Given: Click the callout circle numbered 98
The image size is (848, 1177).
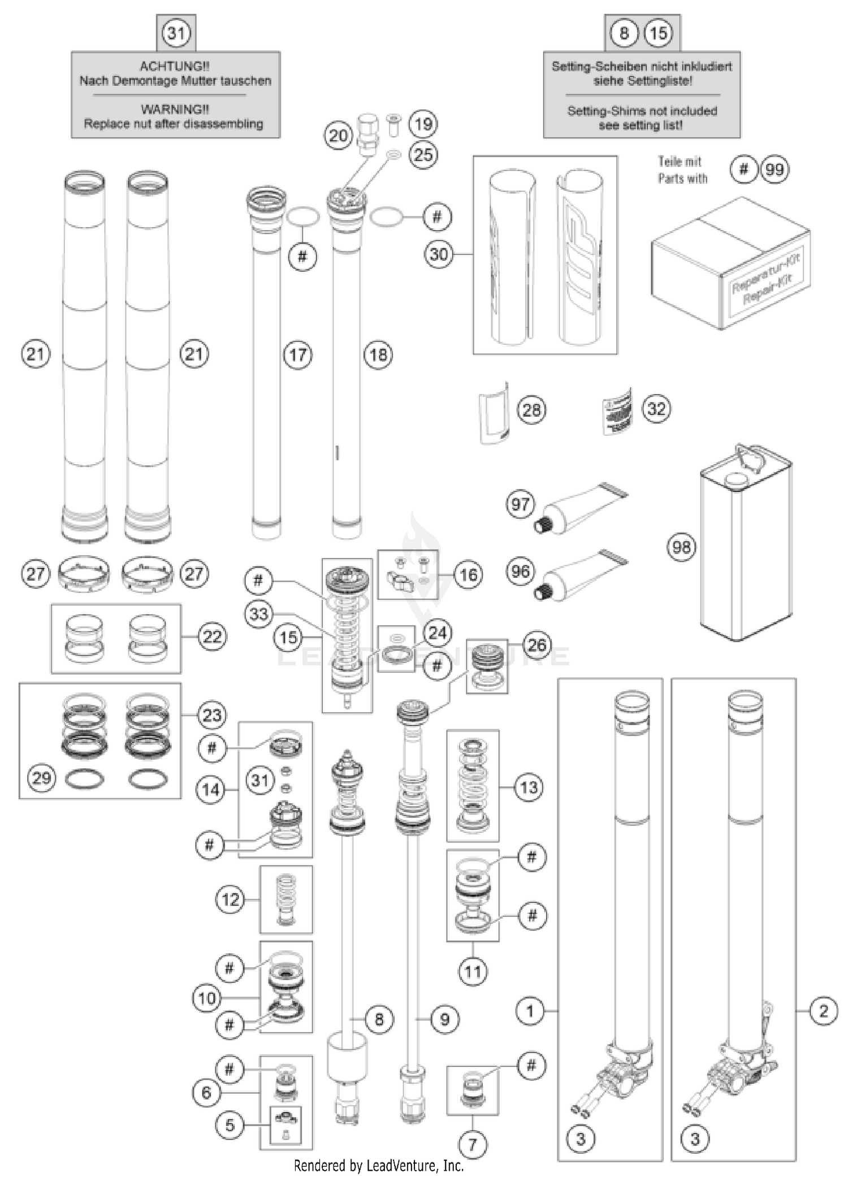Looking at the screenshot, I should coord(681,547).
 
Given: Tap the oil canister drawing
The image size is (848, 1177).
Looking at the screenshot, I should coord(745,548).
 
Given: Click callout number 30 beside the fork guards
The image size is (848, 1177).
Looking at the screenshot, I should coord(439,254).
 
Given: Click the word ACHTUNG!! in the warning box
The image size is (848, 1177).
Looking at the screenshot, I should coord(175,66).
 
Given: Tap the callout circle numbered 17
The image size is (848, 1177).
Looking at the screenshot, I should coord(297,354).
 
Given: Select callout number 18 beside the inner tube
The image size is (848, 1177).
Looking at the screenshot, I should coord(378,354).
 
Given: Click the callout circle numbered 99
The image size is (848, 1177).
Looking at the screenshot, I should coord(775,169).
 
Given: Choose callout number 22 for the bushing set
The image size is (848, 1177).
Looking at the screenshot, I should coord(212,637).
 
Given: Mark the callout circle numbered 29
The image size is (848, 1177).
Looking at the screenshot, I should coord(42,778).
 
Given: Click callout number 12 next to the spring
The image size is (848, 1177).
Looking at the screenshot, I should coord(230,899).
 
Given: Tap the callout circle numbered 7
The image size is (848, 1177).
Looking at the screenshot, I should coord(473,1145).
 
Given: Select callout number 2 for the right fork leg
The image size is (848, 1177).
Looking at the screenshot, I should coord(823,1010).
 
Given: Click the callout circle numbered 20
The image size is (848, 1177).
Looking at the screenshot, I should coord(338,136).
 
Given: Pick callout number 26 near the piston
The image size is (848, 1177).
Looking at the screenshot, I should coord(537,644).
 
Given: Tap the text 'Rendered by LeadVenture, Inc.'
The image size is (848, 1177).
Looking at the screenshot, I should coord(379,1166).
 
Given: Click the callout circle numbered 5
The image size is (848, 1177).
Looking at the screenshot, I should coord(230,1125).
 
